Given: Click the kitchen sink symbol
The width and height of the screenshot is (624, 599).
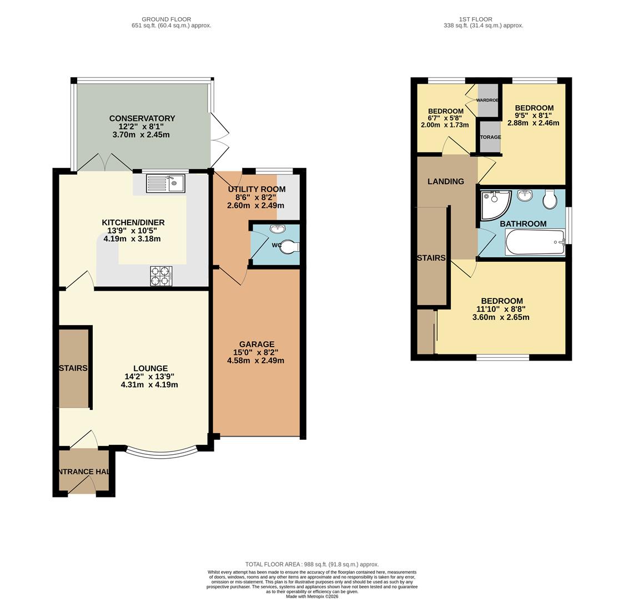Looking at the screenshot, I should coord(165,183).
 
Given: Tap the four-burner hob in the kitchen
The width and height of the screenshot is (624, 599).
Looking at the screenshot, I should coord(161,276).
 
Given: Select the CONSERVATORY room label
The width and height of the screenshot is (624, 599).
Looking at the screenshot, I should coord(142,118).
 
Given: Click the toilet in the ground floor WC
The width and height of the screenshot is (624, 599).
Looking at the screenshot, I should coord(289,246).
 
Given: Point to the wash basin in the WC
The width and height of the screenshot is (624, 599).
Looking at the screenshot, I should coord(276,229).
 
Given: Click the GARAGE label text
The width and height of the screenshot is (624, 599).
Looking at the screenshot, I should coord(257,344).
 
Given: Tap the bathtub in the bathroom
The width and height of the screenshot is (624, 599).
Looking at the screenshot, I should coord(535,242).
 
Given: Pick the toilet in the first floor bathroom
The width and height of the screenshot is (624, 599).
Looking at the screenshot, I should coord(550,200).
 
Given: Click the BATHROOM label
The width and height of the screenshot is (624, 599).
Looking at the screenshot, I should coord(523,224).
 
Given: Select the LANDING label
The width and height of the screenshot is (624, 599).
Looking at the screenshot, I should coord(446,181).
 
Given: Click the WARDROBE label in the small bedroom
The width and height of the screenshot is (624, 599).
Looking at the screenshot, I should coord(488,100).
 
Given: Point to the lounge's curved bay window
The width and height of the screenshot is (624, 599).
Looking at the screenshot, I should coord(162,453).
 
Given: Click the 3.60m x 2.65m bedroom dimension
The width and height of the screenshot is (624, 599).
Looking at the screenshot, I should coord(501,317).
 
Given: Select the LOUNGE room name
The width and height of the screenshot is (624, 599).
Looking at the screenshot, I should coord(150,368).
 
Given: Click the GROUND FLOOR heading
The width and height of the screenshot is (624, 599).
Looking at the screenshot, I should coord(166,19).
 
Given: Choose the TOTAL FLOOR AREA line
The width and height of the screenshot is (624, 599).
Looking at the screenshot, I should coord(312,564).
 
